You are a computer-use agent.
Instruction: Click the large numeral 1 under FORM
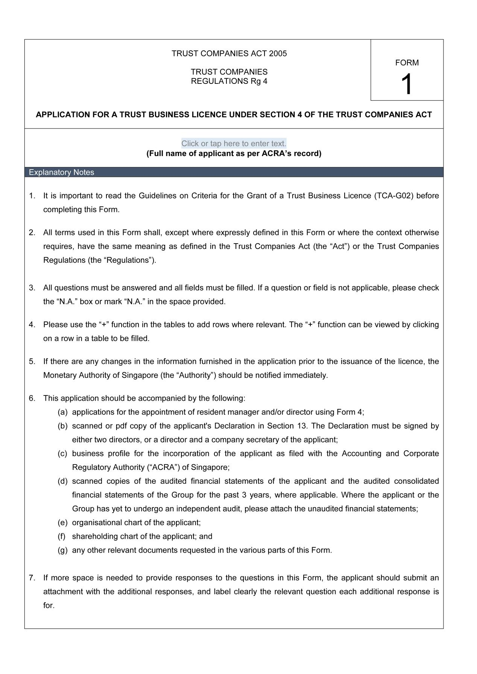(x=407, y=84)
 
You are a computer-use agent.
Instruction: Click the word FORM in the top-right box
(x=407, y=63)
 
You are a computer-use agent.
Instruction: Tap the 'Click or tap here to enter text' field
(x=234, y=143)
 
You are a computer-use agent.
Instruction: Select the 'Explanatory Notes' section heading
(x=62, y=172)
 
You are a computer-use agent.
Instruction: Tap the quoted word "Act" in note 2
(x=338, y=247)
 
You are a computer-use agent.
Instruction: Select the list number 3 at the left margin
(x=32, y=288)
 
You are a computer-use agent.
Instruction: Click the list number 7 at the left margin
(x=32, y=578)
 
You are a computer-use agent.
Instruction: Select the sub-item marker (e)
(x=62, y=523)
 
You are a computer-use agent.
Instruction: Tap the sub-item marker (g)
(x=62, y=550)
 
